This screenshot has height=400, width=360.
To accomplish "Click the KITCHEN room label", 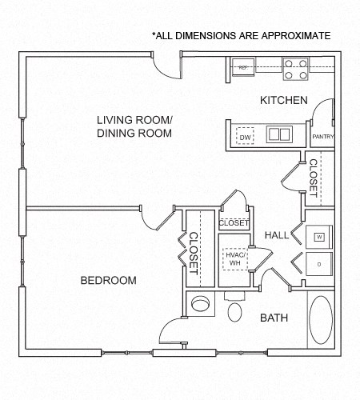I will (283, 101).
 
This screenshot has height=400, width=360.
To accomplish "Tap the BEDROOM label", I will (108, 281).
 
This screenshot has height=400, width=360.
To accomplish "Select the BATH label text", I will (274, 318).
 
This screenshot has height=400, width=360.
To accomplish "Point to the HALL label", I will (277, 234).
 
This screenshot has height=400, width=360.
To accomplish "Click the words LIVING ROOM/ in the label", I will (134, 120).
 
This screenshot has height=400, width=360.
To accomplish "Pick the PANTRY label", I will (322, 137).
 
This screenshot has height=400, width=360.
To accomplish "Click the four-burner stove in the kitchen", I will (296, 70).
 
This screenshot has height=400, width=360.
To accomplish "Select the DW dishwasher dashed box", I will (245, 138).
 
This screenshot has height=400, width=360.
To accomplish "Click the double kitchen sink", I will (278, 134).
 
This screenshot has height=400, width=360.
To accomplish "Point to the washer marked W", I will (318, 236).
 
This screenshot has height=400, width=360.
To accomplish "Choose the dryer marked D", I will (318, 263).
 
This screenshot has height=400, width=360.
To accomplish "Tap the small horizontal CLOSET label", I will (234, 223).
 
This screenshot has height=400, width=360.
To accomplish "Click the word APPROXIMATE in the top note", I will (291, 36).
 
